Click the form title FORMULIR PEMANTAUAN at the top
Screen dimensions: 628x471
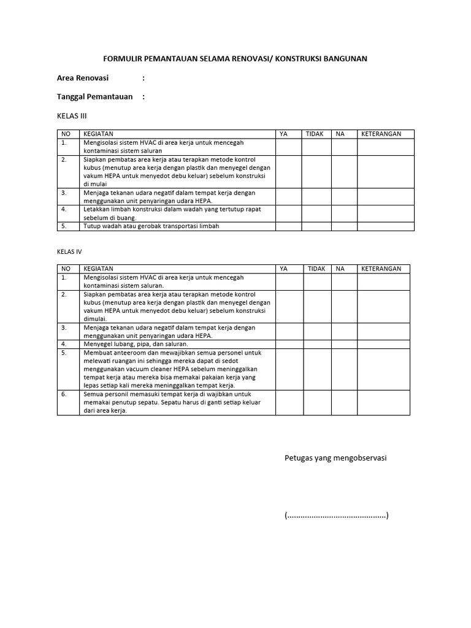click(235, 59)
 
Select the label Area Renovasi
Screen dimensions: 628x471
click(83, 78)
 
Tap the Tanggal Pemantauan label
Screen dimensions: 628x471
click(95, 97)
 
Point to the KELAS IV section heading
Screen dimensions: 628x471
click(69, 251)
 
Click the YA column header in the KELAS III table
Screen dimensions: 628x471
click(283, 134)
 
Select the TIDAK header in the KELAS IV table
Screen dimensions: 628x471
click(316, 269)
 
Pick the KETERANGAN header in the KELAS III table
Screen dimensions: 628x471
click(381, 134)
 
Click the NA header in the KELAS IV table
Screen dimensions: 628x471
click(340, 269)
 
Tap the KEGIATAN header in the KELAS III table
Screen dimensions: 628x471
click(98, 134)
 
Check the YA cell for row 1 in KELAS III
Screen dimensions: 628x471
click(288, 147)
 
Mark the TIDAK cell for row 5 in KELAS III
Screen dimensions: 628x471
click(316, 226)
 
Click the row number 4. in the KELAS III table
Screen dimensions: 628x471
click(64, 209)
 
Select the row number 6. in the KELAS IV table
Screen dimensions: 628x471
click(64, 394)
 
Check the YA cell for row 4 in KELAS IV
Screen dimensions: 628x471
click(289, 345)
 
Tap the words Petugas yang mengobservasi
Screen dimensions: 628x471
click(335, 458)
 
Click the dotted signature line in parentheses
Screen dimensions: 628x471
click(336, 515)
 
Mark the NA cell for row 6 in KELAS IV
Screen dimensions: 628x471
click(345, 402)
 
